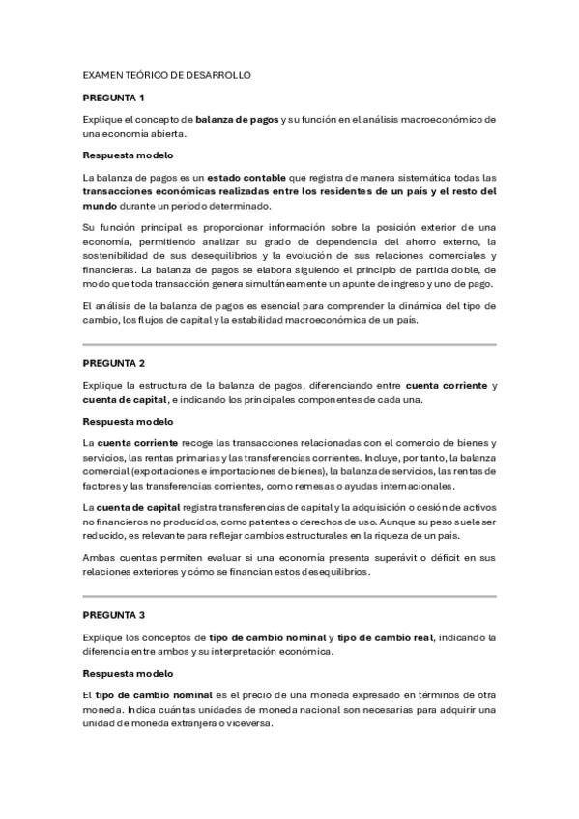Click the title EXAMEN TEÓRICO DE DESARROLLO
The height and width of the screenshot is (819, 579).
coord(167,74)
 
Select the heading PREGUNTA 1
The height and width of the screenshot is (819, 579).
coord(113,98)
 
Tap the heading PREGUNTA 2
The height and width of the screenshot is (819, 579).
coord(113,363)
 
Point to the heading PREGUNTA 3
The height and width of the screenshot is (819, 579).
coord(113,615)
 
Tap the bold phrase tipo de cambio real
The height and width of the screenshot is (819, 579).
coord(387,637)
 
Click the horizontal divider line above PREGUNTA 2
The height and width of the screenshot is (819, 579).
coord(289,343)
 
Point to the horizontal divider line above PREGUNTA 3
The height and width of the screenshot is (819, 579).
coord(289,595)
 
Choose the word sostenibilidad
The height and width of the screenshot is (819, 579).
coord(125,255)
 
